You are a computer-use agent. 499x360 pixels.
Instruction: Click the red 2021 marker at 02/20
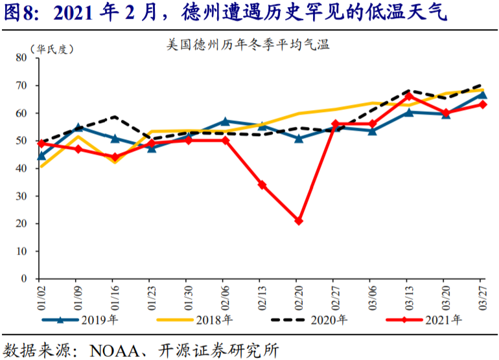click(x=299, y=221)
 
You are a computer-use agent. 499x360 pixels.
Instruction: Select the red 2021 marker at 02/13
click(x=262, y=185)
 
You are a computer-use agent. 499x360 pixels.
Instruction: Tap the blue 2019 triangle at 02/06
click(x=225, y=121)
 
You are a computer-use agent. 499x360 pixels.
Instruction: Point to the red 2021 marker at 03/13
click(x=410, y=96)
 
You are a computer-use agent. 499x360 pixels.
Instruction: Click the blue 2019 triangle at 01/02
click(x=41, y=156)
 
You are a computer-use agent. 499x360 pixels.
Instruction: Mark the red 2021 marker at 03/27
click(x=483, y=104)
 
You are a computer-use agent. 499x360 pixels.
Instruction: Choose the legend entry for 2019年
click(x=80, y=320)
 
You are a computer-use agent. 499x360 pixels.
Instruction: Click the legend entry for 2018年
click(x=195, y=320)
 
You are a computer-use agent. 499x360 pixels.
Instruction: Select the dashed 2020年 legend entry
click(x=309, y=320)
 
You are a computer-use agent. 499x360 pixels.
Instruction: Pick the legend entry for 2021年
click(x=424, y=320)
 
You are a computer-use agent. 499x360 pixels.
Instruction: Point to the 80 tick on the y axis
click(x=21, y=58)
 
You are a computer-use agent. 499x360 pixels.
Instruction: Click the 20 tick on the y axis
click(x=21, y=223)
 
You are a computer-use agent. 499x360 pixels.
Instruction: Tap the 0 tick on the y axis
click(x=24, y=278)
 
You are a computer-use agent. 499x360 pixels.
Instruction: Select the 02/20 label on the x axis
click(x=299, y=298)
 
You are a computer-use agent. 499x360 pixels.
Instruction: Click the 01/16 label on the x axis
click(x=115, y=298)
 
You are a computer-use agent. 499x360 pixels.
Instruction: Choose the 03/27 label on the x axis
click(x=483, y=298)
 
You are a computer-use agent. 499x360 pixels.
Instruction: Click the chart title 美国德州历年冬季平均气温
click(x=248, y=45)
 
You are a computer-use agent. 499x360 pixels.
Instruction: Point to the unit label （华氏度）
click(x=52, y=49)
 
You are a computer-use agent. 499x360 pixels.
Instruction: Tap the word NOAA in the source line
click(x=115, y=351)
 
